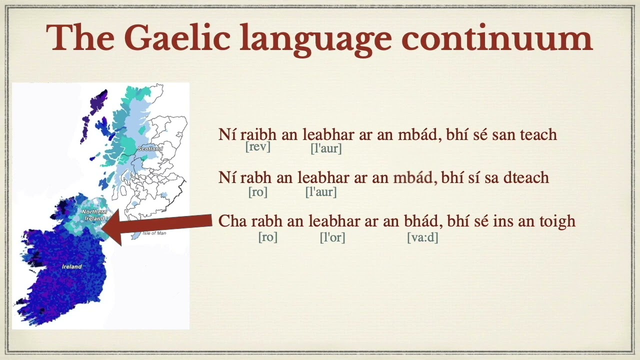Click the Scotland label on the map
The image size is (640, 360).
tap(150, 149)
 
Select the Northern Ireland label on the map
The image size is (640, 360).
tap(94, 215)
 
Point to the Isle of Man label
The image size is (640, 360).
tap(154, 233)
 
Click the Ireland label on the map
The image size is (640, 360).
tap(71, 266)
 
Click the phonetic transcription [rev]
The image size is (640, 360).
tap(258, 146)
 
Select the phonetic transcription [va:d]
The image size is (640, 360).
tap(422, 237)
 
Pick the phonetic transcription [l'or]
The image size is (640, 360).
tap(332, 237)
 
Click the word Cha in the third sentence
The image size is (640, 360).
tap(232, 221)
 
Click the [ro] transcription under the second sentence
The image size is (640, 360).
tap(258, 192)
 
